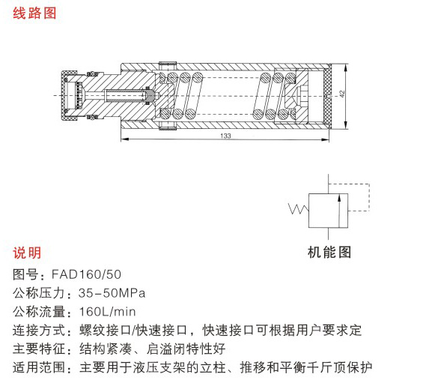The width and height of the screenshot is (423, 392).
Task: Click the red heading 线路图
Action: coord(34,13)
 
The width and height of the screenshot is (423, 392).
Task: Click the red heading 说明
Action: coord(27,253)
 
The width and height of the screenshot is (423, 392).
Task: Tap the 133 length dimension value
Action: coord(225,136)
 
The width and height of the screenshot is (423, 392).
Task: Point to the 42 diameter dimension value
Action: coord(342,94)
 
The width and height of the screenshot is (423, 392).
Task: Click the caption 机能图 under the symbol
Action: coord(329,252)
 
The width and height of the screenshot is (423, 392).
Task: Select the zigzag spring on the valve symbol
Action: coord(299,209)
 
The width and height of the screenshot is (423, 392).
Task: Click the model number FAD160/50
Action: coord(86,274)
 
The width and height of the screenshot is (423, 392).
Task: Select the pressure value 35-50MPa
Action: coord(112,293)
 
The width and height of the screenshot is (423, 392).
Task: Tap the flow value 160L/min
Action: coord(107,312)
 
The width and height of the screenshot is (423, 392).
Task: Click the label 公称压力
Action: coord(38,293)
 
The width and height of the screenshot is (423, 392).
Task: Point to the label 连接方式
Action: coord(38,331)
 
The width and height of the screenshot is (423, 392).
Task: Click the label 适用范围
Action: coord(38,367)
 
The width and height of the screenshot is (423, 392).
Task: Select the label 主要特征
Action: coord(38,349)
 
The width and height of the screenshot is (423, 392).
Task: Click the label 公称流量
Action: coord(38,312)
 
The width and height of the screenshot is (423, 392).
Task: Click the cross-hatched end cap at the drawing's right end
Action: coord(326,96)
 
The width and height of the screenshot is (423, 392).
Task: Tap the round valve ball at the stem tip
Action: coord(150,96)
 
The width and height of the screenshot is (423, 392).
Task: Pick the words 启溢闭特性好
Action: coord(186,349)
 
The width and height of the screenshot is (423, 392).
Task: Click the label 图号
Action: coord(25,274)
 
